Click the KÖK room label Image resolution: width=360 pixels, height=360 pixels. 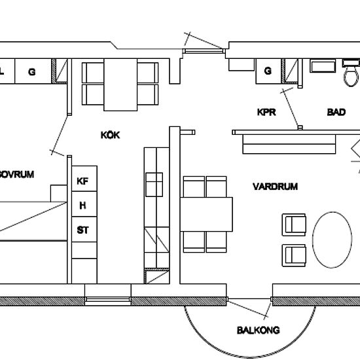[x=110, y=135]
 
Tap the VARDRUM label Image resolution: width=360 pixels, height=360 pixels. [x=275, y=186]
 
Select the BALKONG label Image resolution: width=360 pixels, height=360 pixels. [x=259, y=330]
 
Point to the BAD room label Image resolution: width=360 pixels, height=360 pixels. [x=336, y=112]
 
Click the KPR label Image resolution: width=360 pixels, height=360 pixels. [x=266, y=112]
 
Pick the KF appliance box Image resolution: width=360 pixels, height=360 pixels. [x=84, y=179]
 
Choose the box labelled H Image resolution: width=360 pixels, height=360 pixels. [x=84, y=204]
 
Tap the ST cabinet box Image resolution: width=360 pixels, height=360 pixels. [x=84, y=229]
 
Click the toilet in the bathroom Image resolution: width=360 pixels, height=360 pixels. [x=351, y=73]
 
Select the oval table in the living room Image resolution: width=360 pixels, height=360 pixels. [x=332, y=240]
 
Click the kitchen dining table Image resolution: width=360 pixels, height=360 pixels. [x=120, y=84]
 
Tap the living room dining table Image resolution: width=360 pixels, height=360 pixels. [x=206, y=214]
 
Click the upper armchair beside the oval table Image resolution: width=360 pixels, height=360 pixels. [x=294, y=225]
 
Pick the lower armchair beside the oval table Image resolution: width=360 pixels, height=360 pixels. [x=294, y=255]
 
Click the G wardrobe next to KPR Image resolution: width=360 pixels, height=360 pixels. [x=268, y=71]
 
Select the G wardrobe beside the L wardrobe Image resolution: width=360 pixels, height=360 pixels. [x=33, y=71]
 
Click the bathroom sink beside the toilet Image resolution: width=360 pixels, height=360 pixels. [x=323, y=66]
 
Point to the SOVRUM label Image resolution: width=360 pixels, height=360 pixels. [x=16, y=174]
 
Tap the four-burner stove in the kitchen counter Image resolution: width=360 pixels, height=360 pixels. [x=154, y=185]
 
